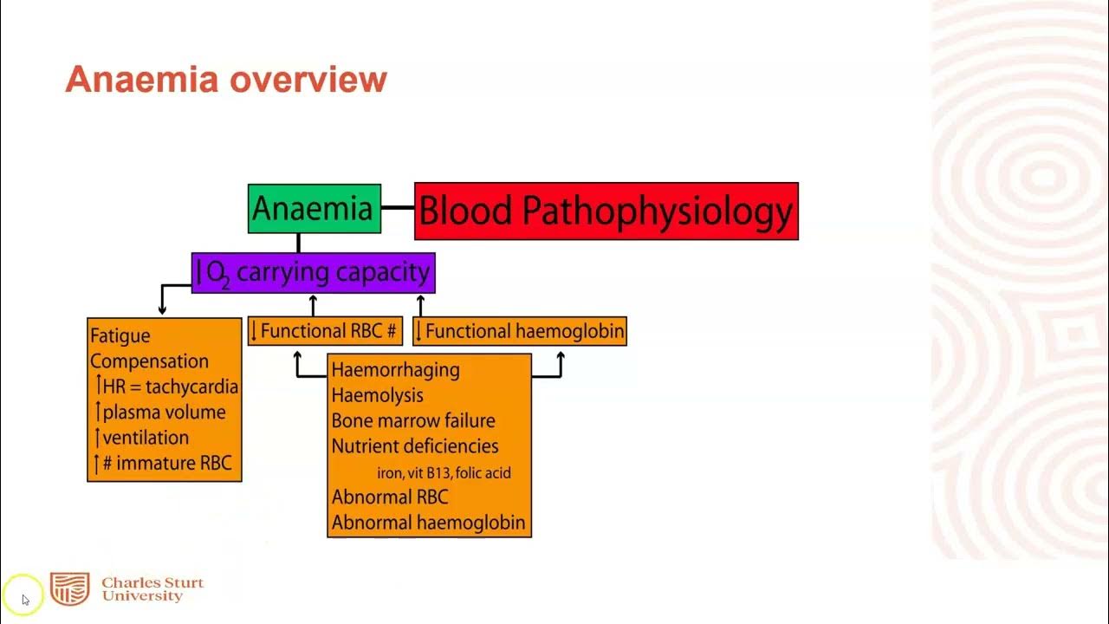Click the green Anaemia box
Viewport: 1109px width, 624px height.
pos(314,209)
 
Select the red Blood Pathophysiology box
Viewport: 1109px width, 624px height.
pos(606,211)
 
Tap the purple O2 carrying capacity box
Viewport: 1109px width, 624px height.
pos(313,273)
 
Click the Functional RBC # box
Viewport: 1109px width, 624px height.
pos(325,331)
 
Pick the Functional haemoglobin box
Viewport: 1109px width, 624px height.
pos(520,331)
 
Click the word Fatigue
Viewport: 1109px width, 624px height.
pos(120,336)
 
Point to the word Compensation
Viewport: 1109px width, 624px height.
pos(149,361)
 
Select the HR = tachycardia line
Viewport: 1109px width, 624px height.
pos(166,387)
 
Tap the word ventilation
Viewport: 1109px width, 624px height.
pos(145,438)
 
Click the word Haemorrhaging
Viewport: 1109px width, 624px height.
pos(395,370)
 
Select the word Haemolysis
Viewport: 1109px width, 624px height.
pos(377,395)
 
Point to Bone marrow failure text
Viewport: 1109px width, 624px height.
pos(413,421)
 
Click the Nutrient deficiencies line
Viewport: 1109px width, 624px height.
pos(415,446)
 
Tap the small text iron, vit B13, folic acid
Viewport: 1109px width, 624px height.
pos(444,472)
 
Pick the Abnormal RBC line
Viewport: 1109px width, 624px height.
pos(389,497)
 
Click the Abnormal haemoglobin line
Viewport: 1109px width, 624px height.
pos(428,523)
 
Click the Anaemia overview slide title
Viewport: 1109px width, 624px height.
pos(226,80)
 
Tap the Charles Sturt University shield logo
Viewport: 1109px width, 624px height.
pos(69,589)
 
